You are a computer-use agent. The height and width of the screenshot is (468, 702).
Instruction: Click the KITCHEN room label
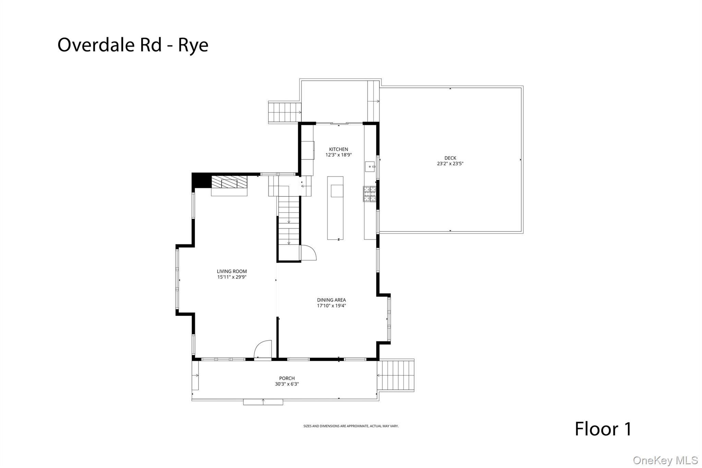338,149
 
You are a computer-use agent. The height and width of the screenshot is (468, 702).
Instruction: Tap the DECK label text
450,158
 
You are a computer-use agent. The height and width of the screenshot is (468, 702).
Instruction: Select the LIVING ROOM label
232,272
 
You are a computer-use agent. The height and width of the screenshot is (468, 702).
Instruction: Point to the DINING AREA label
331,300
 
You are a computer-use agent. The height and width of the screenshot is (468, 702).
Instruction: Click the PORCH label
287,379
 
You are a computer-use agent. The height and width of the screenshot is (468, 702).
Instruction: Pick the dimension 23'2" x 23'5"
450,164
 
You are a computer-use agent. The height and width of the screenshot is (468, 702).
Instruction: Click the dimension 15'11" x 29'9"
232,277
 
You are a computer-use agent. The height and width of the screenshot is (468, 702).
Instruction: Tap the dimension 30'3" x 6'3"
287,384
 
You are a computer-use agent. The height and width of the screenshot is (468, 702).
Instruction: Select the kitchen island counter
335,208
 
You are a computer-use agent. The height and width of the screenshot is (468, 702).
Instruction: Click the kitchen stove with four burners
370,194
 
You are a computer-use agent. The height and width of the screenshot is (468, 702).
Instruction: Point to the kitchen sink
370,167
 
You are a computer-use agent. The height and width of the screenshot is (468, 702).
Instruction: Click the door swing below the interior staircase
308,253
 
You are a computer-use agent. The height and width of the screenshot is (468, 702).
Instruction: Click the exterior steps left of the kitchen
284,112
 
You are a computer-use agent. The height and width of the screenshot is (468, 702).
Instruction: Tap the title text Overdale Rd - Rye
133,45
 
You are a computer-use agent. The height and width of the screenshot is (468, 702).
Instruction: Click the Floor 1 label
603,429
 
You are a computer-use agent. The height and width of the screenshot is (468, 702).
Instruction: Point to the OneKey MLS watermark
665,460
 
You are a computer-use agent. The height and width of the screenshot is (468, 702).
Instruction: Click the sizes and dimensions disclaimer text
351,426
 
